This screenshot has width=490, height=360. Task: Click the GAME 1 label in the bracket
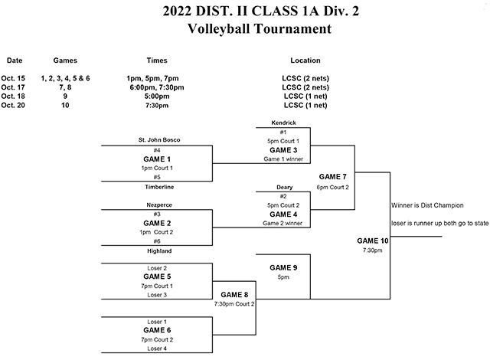click(156, 159)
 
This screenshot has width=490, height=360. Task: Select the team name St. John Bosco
click(156, 140)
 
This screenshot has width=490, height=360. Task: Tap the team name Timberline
click(156, 186)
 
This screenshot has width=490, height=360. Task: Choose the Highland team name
click(156, 250)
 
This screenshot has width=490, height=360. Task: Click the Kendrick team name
click(284, 123)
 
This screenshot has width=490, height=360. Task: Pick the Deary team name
click(284, 187)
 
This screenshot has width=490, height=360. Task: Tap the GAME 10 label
click(373, 241)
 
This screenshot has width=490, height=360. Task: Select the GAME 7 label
click(333, 177)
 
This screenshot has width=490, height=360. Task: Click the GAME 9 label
click(284, 267)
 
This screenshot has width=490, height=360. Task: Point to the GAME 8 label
click(235, 294)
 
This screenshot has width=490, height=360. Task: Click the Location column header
click(305, 61)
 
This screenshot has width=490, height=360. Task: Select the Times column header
click(156, 61)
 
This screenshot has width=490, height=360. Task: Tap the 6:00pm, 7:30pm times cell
click(156, 87)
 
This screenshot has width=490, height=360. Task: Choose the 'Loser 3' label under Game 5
click(156, 295)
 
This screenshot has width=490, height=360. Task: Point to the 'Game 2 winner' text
click(284, 223)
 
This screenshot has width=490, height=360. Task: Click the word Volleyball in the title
click(223, 30)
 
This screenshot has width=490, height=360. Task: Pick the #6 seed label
click(156, 241)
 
